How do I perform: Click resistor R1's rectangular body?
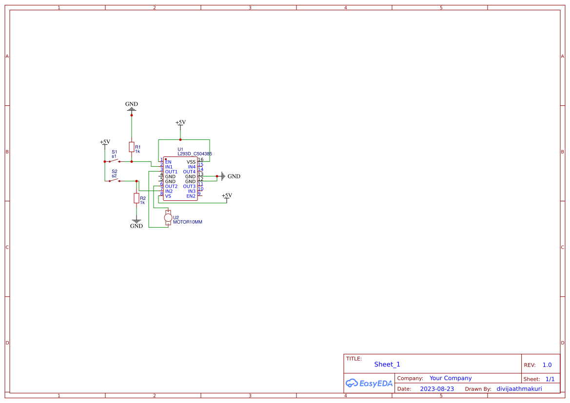pyautogui.click(x=131, y=147)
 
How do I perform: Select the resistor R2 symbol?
pyautogui.click(x=137, y=198)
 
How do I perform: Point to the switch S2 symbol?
pyautogui.click(x=115, y=180)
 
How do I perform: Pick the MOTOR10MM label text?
pyautogui.click(x=187, y=222)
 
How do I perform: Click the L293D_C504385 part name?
pyautogui.click(x=195, y=154)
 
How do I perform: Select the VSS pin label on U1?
pyautogui.click(x=191, y=162)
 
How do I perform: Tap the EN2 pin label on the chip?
pyautogui.click(x=191, y=196)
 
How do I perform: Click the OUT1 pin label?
pyautogui.click(x=171, y=172)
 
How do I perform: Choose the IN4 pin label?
pyautogui.click(x=192, y=167)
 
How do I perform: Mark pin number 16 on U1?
pyautogui.click(x=200, y=159)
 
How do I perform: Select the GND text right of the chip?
pyautogui.click(x=234, y=176)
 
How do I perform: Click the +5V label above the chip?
pyautogui.click(x=180, y=122)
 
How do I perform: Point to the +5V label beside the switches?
pyautogui.click(x=105, y=142)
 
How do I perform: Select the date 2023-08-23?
pyautogui.click(x=437, y=389)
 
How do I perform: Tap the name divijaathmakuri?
pyautogui.click(x=519, y=389)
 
